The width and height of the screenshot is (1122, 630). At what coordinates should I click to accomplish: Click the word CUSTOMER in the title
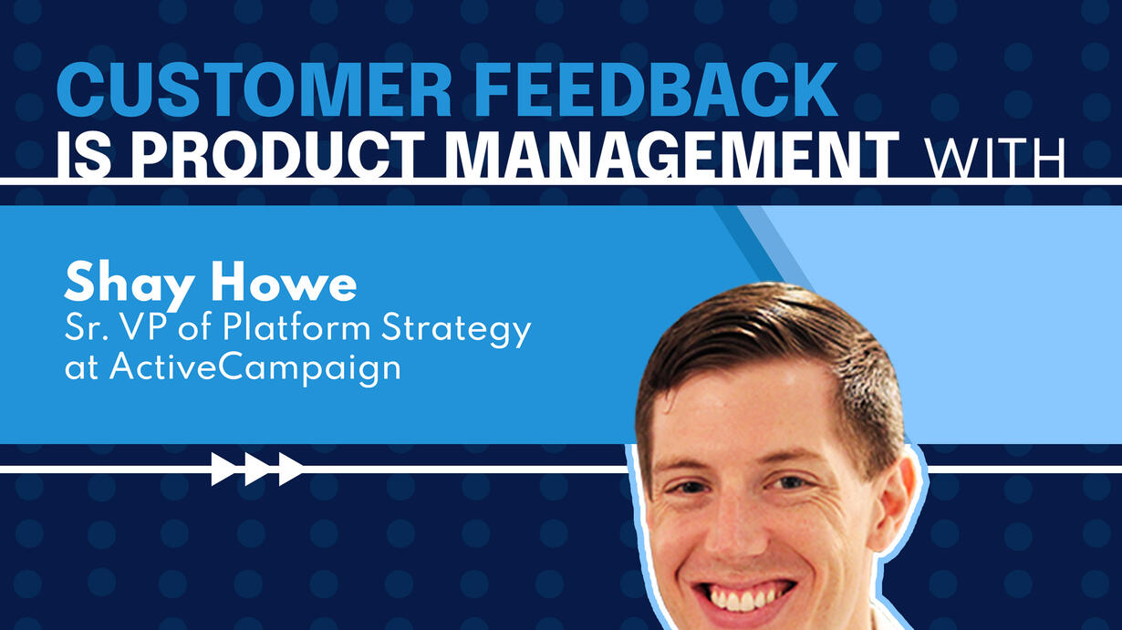tap(255, 89)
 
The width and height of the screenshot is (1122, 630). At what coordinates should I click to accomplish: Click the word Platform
tap(296, 328)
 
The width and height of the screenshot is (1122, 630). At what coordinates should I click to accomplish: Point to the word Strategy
tap(456, 331)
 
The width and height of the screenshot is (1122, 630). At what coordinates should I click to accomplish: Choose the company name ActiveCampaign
tap(255, 369)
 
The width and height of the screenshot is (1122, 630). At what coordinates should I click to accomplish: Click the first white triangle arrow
tap(224, 470)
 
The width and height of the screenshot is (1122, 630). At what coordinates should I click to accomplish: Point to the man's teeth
tap(741, 598)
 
